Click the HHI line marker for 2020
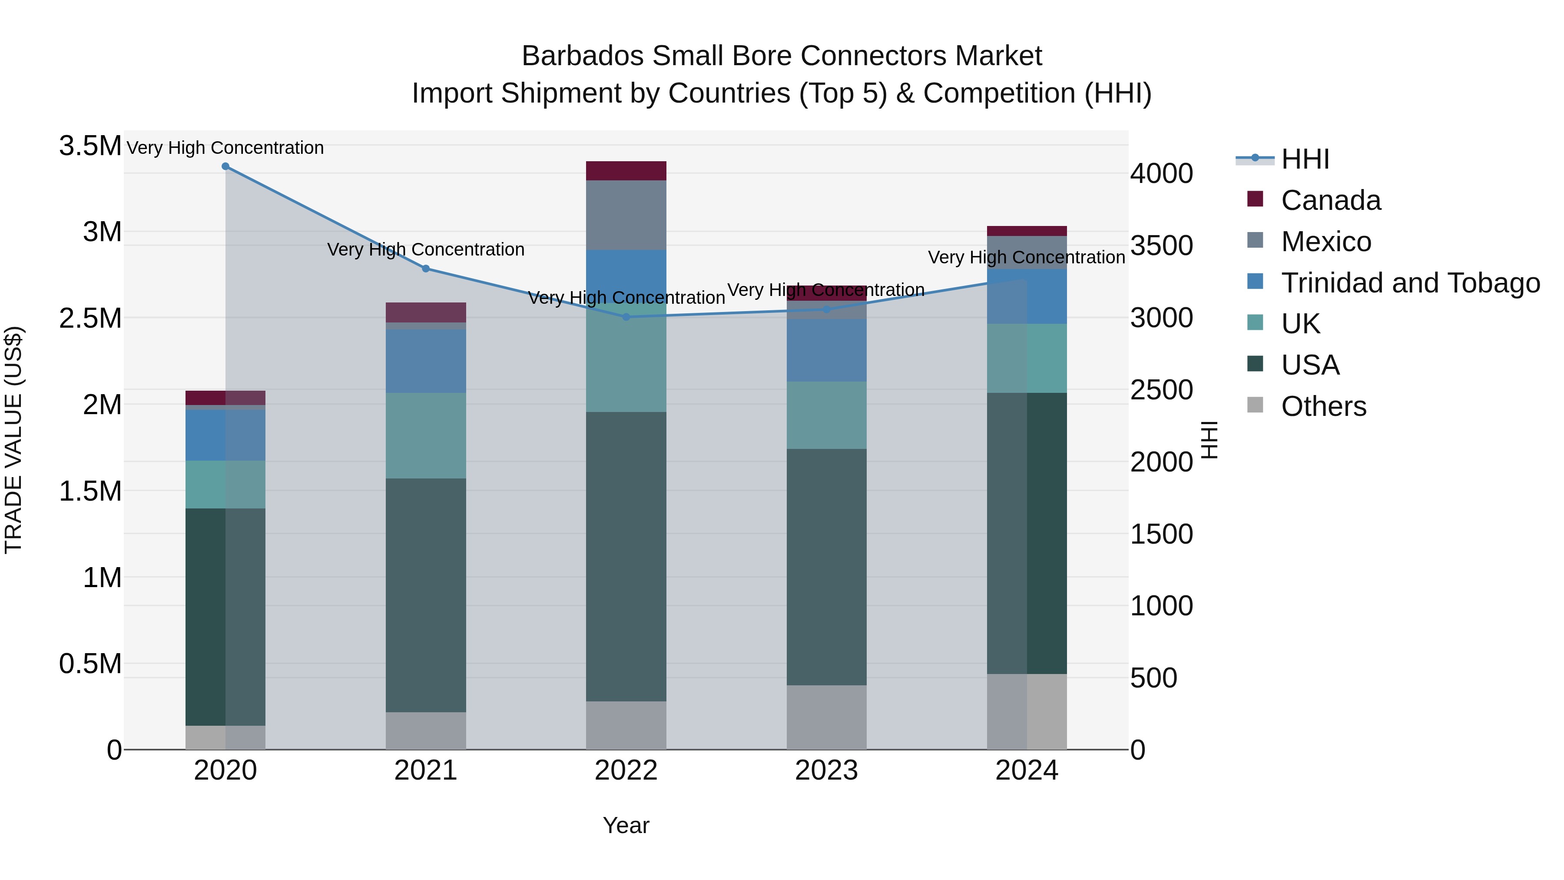[225, 166]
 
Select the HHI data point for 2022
[626, 316]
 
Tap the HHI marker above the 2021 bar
[426, 269]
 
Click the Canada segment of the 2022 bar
[626, 171]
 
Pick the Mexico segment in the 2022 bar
[626, 215]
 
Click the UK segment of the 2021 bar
[426, 435]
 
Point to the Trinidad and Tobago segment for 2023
[826, 350]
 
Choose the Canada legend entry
[1330, 200]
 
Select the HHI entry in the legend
[1305, 159]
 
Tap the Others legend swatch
[1255, 405]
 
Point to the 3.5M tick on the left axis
[90, 146]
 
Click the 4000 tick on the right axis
[1161, 174]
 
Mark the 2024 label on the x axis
[1026, 770]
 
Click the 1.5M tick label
[90, 491]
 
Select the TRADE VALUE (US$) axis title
[13, 440]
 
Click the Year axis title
[626, 825]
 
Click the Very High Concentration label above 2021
[426, 249]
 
